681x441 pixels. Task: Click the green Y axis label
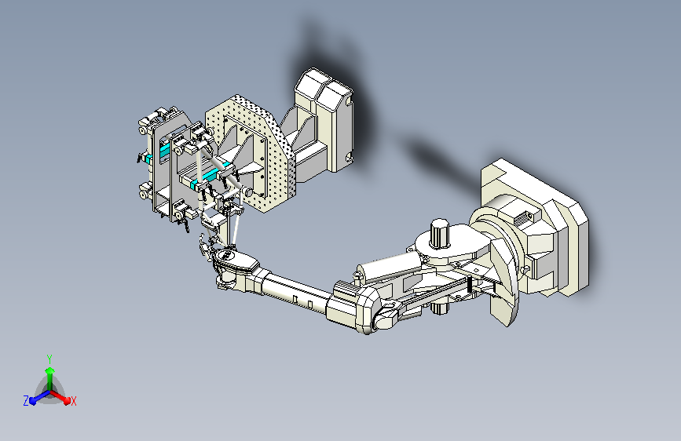coord(49,359)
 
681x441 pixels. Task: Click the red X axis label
coord(73,401)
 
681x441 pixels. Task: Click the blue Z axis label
coord(26,401)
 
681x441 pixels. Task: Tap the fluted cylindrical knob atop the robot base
coord(440,234)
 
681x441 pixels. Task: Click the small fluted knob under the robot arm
coord(440,308)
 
